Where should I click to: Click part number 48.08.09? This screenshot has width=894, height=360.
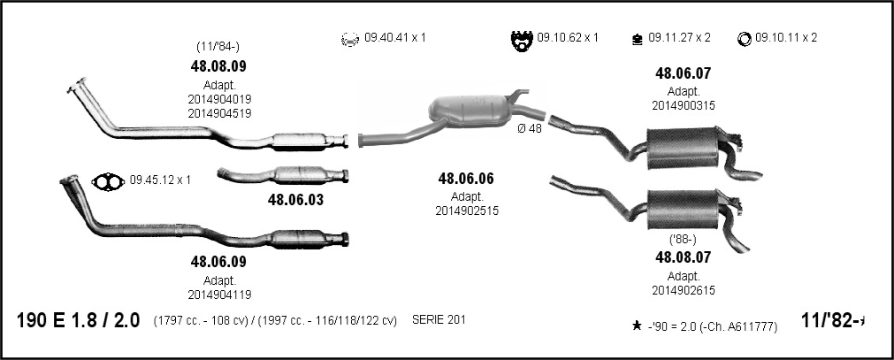tap(218, 66)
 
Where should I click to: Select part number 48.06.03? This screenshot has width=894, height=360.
tap(295, 200)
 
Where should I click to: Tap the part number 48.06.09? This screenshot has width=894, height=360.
tap(218, 262)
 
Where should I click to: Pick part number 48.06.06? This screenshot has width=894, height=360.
tap(466, 179)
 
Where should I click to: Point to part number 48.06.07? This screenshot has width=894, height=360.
tap(683, 73)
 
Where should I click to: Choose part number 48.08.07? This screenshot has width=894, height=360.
tap(683, 257)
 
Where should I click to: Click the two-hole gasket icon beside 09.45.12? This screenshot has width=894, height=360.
tap(109, 180)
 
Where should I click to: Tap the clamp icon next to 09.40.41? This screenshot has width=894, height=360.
tap(349, 39)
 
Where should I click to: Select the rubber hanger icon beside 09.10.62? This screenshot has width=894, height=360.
tap(522, 40)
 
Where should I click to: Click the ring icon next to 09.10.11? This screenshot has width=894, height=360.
tap(744, 39)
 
